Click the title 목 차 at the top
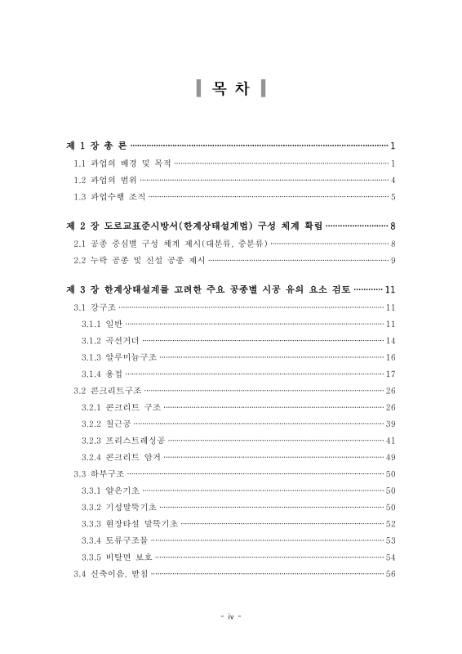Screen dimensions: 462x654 (x=231, y=88)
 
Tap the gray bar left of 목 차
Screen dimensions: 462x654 (x=198, y=88)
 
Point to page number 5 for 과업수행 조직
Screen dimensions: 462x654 (x=393, y=197)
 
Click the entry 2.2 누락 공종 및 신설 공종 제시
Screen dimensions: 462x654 (x=140, y=260)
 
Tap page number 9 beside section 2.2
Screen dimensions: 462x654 (x=393, y=260)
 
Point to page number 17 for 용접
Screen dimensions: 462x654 (x=390, y=374)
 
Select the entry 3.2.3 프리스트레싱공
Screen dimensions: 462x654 (x=123, y=441)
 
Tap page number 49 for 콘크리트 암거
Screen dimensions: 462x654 (x=390, y=457)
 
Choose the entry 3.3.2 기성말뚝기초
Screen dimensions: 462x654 (x=119, y=507)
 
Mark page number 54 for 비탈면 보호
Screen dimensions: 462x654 (x=390, y=557)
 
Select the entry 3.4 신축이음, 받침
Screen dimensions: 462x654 (x=111, y=574)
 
